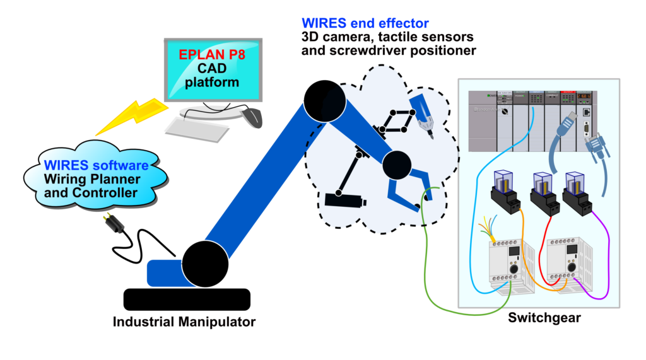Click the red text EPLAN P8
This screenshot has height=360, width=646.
click(212, 55)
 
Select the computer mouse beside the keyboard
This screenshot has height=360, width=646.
click(252, 117)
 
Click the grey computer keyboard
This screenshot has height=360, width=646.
click(197, 130)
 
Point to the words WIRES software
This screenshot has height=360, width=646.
click(96, 165)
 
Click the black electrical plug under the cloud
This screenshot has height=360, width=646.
click(114, 223)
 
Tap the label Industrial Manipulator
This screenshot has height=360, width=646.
click(184, 322)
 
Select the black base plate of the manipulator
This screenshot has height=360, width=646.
click(187, 299)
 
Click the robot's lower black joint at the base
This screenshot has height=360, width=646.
click(205, 264)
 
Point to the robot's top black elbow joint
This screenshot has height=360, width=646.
click(324, 101)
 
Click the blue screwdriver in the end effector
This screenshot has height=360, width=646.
click(421, 115)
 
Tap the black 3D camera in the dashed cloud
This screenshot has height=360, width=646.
click(345, 200)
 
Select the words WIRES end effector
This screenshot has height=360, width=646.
click(365, 23)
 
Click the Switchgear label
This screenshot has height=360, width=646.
click(544, 318)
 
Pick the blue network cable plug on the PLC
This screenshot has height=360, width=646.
click(567, 123)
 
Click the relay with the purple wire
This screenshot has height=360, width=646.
click(578, 194)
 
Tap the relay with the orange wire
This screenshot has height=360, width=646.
click(506, 192)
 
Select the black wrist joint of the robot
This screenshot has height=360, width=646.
click(397, 165)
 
